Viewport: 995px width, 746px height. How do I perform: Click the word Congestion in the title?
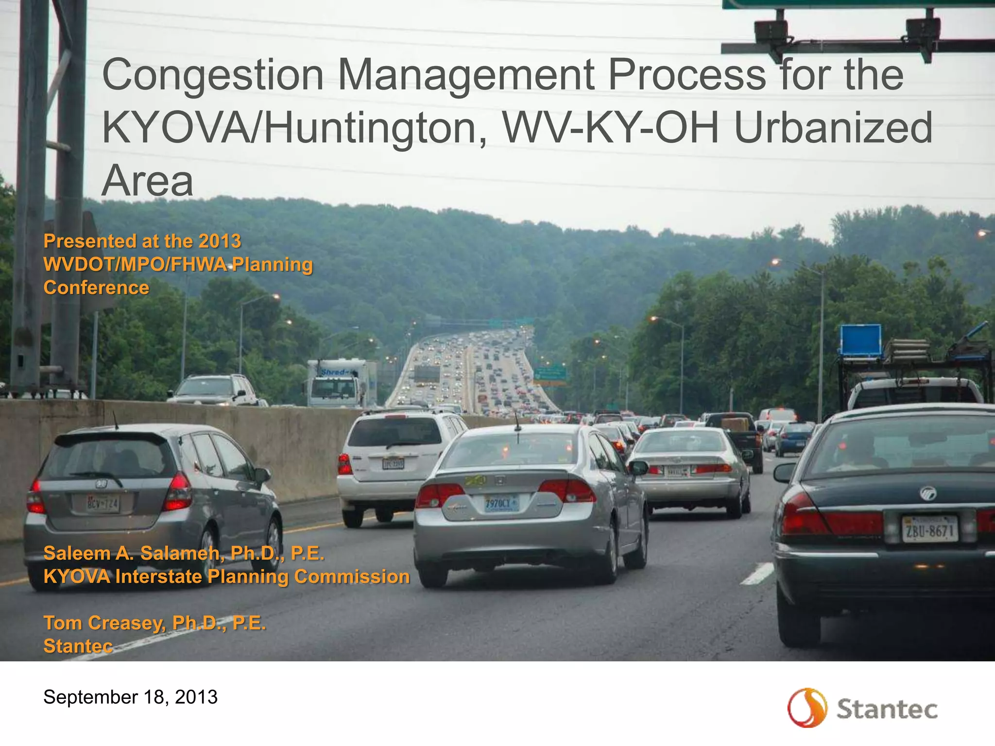pos(213,75)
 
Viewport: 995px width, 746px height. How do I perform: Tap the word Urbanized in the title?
pos(833,128)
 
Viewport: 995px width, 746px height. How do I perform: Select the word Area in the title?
pos(147,181)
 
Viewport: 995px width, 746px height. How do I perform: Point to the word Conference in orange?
pos(96,288)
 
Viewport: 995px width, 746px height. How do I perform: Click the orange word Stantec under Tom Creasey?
pos(78,646)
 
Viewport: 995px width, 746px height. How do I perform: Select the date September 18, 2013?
pos(130,697)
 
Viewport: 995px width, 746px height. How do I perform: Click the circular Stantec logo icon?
pos(807,708)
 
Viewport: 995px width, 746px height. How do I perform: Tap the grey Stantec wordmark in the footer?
pos(887,709)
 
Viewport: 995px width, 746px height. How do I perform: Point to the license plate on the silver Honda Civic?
pos(501,504)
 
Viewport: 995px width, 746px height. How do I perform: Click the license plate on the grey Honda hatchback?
pos(103,504)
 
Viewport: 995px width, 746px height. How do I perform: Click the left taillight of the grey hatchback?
pos(36,496)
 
